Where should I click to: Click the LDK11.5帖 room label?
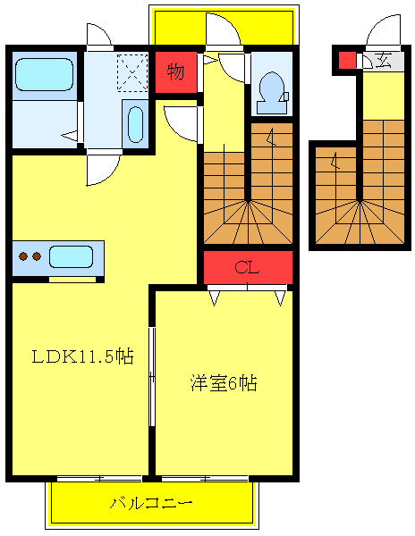pos(82,356)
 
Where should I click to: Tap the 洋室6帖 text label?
pos(224,383)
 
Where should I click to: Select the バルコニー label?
pos(151,503)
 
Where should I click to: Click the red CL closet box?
pos(248,267)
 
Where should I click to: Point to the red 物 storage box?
pos(175,71)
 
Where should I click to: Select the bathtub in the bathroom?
pos(45,74)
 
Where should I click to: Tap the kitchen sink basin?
pos(71,257)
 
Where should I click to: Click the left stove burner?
pos(23,257)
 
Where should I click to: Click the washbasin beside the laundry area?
pos(135,124)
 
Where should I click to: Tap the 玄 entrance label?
pos(383,61)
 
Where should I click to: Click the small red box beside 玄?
pos(346,61)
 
